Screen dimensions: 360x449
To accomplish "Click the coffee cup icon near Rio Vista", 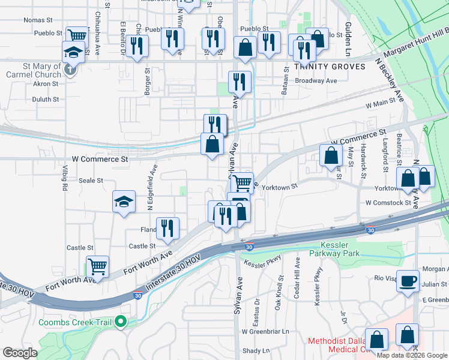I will coord(408,280).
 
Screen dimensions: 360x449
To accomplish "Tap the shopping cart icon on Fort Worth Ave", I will coord(97,265).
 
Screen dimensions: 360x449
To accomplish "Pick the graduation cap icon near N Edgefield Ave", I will coord(124,201).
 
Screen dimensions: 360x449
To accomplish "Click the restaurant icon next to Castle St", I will coord(167,227).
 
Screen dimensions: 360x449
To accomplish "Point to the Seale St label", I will coord(91,180).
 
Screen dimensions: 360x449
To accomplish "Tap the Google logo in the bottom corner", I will coord(19,353).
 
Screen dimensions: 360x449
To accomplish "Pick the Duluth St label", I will coord(46,100).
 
